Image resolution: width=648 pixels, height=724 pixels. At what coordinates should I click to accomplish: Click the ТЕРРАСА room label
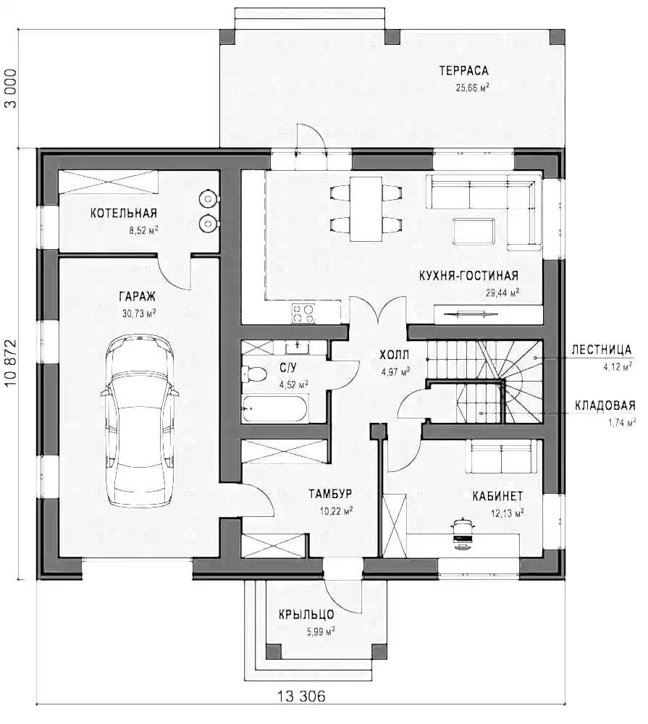tap(463, 70)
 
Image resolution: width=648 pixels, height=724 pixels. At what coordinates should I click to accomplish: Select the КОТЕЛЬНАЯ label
tap(124, 213)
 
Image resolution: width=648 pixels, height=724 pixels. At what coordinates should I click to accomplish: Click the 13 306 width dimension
tap(301, 696)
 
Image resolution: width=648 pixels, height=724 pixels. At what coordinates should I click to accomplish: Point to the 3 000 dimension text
tap(11, 89)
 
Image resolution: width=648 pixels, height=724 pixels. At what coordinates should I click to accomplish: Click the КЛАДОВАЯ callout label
tap(605, 405)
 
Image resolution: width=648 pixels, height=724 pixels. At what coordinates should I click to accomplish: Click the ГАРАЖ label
tap(138, 296)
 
